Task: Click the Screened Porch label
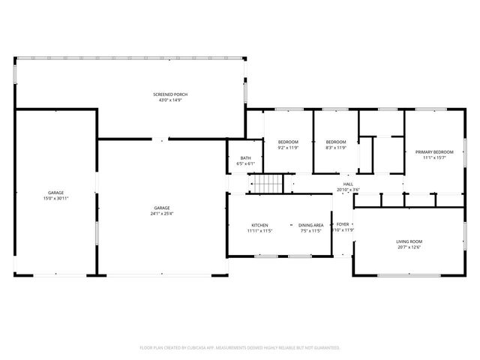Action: (169, 94)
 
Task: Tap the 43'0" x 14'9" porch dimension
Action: (169, 100)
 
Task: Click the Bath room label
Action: (245, 157)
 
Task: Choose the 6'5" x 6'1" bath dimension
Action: (245, 163)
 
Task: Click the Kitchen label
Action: (259, 225)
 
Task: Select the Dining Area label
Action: (310, 225)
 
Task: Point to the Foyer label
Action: (342, 224)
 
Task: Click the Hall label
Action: (348, 184)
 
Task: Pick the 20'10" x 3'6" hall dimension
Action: (348, 190)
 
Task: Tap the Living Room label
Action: (409, 241)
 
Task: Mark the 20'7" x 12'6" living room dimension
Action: (409, 247)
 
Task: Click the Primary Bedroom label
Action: (434, 151)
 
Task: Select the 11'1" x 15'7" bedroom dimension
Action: (434, 157)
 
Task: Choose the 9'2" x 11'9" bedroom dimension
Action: (288, 148)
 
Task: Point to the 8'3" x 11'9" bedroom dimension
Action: (335, 148)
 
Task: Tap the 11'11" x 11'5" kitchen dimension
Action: (259, 231)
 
